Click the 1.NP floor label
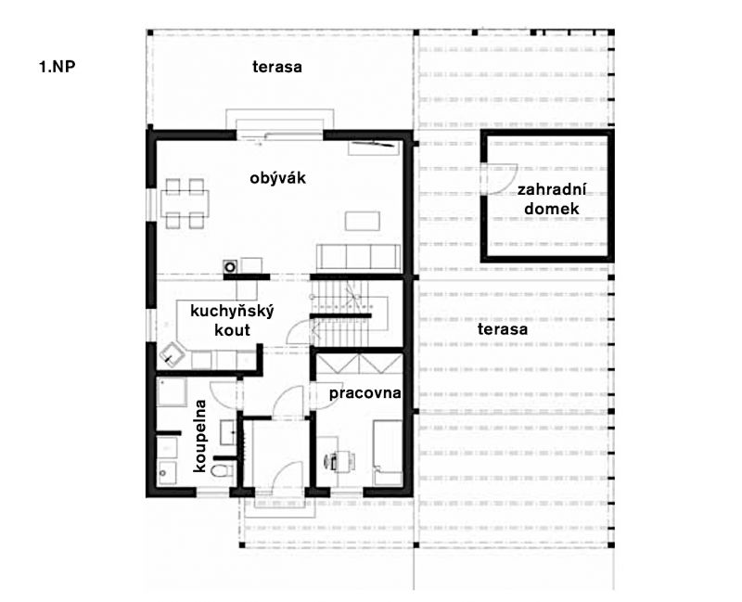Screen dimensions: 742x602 coord(57,67)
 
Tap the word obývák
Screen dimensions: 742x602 coord(277,178)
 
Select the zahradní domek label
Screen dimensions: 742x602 coord(552,199)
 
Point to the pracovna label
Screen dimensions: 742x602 coord(365,393)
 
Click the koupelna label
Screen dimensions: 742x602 coord(200,436)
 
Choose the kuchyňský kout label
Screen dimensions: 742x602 coord(232,320)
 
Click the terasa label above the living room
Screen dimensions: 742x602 coord(276,67)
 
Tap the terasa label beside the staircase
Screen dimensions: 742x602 coord(503,329)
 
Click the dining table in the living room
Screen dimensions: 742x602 coord(185,202)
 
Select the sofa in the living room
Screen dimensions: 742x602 coord(359,259)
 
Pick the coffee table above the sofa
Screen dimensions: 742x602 coord(362,221)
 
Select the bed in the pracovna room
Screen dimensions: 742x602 coord(388,453)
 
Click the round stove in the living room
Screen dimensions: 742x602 coord(230,266)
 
